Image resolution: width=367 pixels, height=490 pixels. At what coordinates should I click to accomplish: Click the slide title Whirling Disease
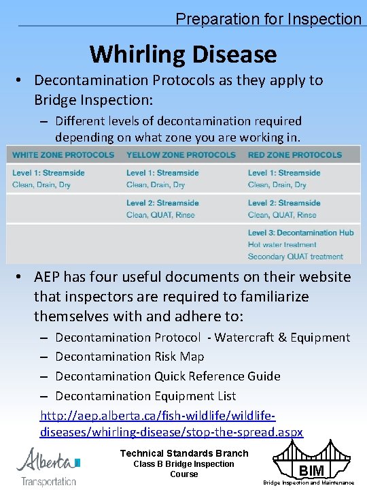click(183, 54)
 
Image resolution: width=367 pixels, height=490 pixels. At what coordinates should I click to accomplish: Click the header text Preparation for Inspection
click(268, 18)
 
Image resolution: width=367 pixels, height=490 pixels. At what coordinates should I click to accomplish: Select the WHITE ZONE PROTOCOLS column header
click(63, 155)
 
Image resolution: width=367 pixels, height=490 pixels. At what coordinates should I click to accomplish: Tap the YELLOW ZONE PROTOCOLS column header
click(181, 155)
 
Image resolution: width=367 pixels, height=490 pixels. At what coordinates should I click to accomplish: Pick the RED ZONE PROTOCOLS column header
click(295, 155)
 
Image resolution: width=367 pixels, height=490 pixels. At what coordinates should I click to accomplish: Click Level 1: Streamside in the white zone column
click(48, 173)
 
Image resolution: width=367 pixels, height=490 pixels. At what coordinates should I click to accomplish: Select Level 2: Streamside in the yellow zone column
click(162, 203)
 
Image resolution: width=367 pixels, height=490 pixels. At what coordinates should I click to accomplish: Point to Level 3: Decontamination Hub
click(300, 233)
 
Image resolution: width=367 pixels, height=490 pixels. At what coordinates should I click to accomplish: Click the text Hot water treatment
click(282, 245)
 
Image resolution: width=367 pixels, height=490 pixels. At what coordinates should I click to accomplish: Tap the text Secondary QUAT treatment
click(296, 257)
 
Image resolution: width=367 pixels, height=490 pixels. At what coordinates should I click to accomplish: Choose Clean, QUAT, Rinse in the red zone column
click(282, 215)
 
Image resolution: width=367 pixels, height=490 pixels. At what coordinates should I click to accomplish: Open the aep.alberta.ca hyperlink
click(171, 424)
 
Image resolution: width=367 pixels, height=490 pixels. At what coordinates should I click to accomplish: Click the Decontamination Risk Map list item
click(129, 357)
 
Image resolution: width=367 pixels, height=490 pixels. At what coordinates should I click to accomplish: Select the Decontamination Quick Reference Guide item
click(167, 376)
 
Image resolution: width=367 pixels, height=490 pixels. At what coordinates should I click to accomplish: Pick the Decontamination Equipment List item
click(145, 396)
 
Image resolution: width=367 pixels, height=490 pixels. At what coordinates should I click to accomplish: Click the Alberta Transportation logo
click(48, 466)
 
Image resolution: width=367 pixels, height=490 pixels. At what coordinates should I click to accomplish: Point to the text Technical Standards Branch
click(184, 453)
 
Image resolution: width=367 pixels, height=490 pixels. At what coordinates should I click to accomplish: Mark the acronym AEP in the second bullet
click(49, 278)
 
